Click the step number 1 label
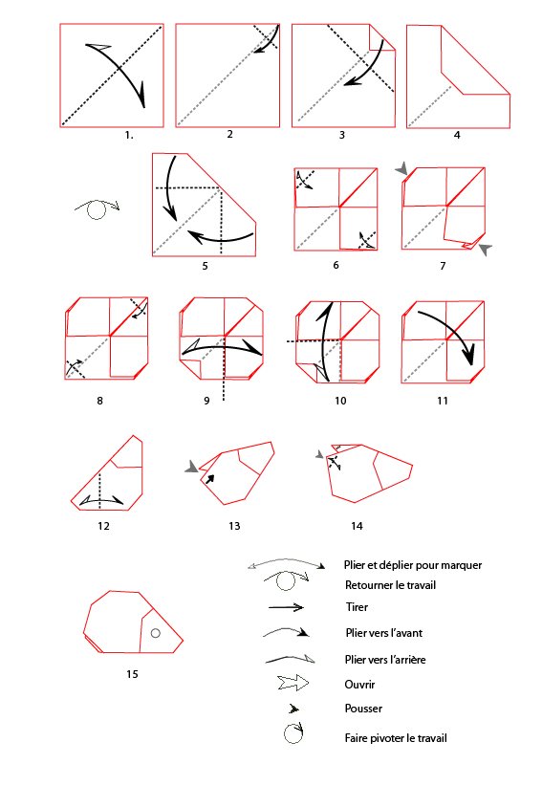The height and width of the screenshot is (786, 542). [x=129, y=135]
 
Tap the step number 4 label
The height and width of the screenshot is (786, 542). [x=457, y=135]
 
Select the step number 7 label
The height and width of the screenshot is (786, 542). [x=443, y=266]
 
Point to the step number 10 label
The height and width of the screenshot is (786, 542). [x=340, y=401]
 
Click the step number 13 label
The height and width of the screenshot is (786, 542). [x=234, y=526]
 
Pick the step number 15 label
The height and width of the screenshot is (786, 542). [x=132, y=674]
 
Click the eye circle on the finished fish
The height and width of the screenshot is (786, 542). [x=155, y=633]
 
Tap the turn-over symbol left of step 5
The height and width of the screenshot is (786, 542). [x=98, y=209]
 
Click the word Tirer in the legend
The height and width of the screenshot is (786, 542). [x=357, y=607]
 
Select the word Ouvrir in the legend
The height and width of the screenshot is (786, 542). [x=359, y=685]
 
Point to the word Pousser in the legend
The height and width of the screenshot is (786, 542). [x=363, y=709]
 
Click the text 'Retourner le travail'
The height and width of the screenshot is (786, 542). [x=390, y=585]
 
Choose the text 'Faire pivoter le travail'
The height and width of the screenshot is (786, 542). [x=396, y=738]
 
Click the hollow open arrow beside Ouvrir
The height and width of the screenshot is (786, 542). [x=293, y=683]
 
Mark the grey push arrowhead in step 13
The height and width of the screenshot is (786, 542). [x=192, y=467]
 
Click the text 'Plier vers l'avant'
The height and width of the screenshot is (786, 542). [x=383, y=633]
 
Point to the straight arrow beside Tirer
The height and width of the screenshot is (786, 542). [x=286, y=607]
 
